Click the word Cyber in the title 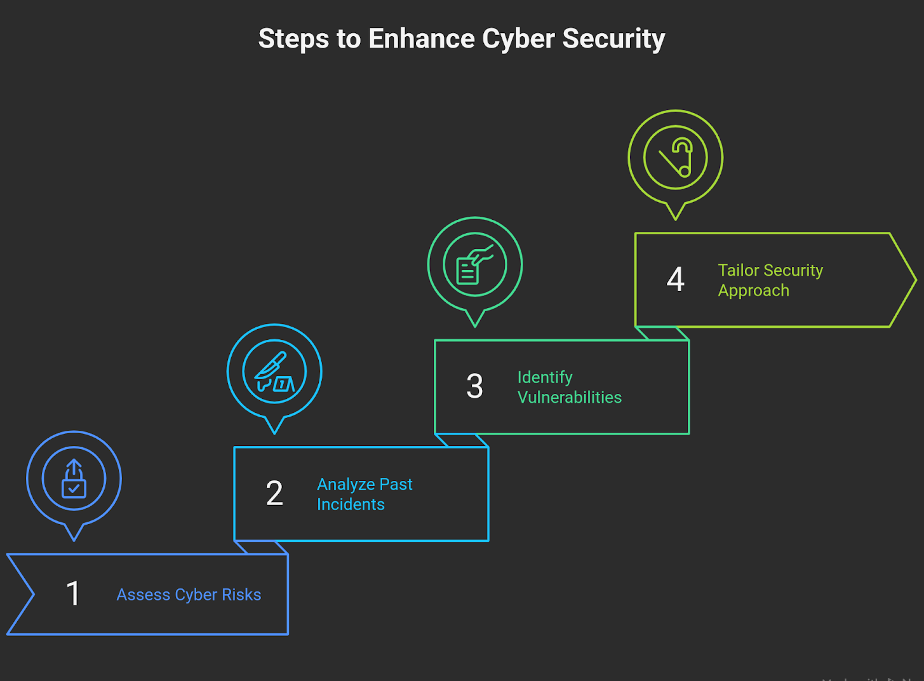pos(518,39)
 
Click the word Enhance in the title pos(421,39)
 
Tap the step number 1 pos(73,594)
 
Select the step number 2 pos(274,494)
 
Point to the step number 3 pos(474,386)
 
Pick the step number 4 pos(675,280)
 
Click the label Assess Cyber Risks pos(189,595)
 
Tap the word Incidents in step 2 pos(351,504)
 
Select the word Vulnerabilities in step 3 pos(569,398)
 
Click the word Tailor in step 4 pos(738,271)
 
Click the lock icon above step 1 pos(74,479)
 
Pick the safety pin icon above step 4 pos(675,158)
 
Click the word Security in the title pos(613,39)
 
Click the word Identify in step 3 pos(545,377)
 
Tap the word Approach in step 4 pos(753,291)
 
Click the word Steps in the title pos(293,39)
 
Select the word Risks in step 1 pos(241,595)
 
